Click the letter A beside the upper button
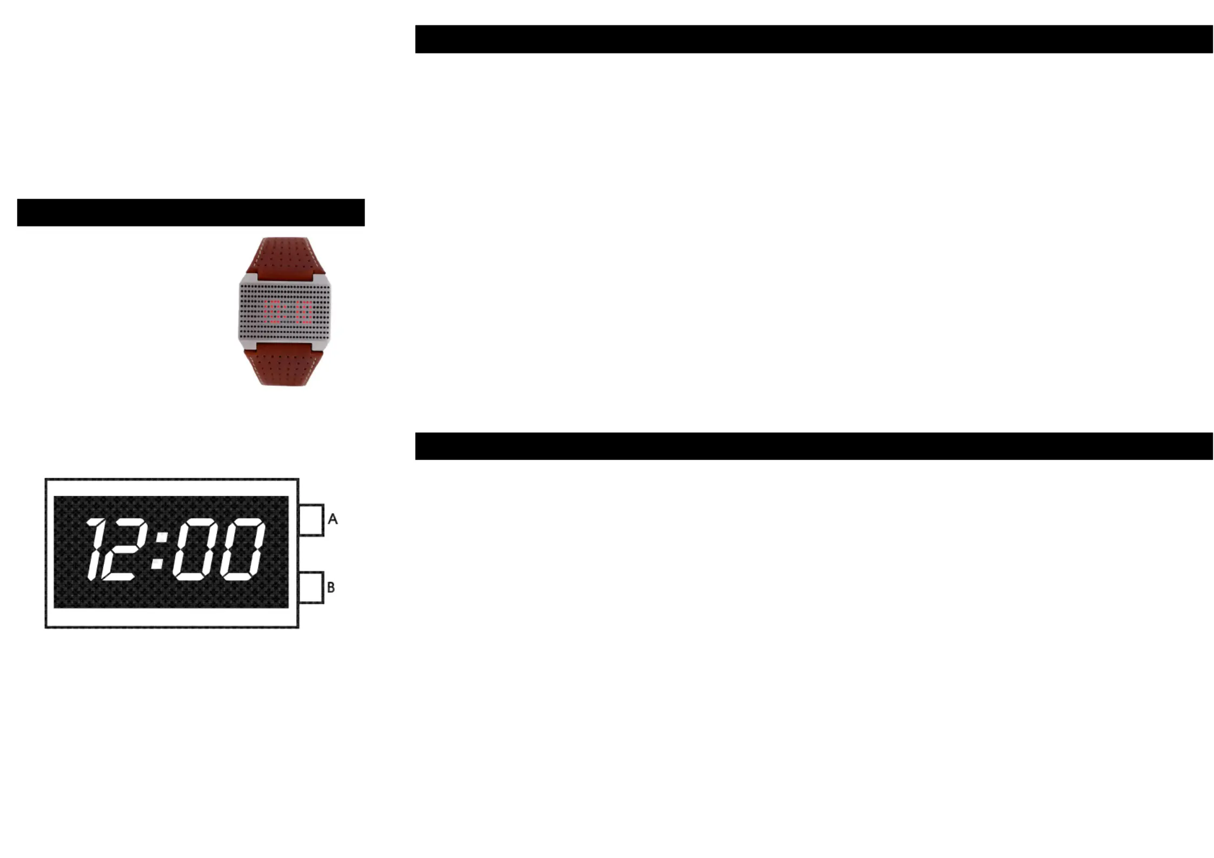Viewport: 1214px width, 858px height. (x=333, y=519)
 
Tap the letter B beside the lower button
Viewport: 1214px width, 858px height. (x=331, y=587)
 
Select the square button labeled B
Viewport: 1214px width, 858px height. (x=311, y=587)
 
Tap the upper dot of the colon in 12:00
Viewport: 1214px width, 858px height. (x=162, y=537)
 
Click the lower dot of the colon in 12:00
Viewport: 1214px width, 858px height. (x=157, y=564)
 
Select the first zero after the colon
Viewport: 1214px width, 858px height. (x=196, y=549)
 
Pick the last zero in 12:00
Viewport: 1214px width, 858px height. (x=243, y=549)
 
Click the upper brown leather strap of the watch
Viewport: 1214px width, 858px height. (x=285, y=257)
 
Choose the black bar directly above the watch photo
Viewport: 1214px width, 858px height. (x=190, y=212)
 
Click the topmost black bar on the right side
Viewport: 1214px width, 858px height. (x=813, y=39)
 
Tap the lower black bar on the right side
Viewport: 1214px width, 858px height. (x=813, y=446)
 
